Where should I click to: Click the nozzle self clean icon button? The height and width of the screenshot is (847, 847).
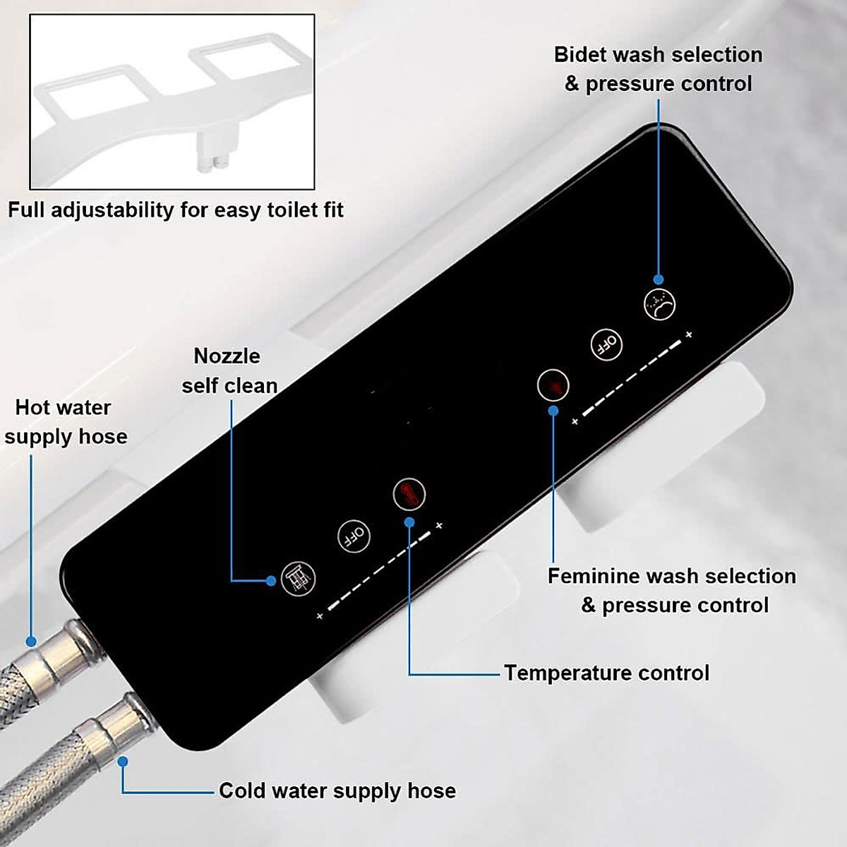(298, 578)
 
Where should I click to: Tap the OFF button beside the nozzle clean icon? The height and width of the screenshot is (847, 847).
(354, 536)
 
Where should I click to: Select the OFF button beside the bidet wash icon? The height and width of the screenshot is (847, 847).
(606, 345)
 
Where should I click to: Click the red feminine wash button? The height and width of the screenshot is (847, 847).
(553, 385)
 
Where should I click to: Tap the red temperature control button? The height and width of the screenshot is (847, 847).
(409, 493)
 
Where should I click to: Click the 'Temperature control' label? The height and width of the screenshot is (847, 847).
(606, 673)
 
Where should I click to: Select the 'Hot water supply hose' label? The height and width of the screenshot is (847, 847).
(65, 422)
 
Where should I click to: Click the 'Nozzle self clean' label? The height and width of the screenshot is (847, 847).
(228, 371)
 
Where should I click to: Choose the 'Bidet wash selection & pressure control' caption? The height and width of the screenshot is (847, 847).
(658, 69)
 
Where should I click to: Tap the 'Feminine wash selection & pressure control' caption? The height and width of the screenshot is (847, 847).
(672, 590)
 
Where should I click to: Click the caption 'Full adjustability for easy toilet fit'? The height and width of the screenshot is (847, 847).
(176, 210)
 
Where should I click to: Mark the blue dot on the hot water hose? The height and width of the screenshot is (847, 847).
(31, 642)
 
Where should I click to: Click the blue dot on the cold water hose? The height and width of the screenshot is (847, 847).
(123, 762)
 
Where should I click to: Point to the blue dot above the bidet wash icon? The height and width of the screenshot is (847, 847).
(659, 279)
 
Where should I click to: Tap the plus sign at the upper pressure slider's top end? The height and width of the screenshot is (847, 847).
(689, 335)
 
